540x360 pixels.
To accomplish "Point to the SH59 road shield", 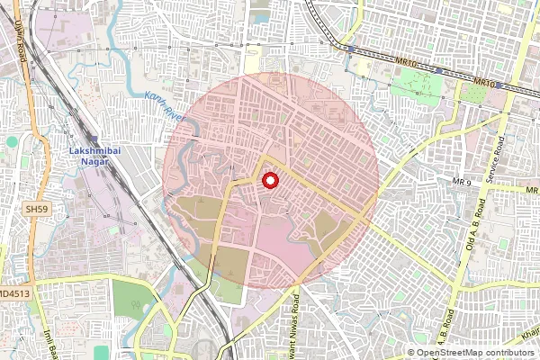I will pos(36,209).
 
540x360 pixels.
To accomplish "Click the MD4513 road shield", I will pos(16,292).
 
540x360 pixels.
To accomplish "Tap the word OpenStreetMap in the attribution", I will pos(455,353).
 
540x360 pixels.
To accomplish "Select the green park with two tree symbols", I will pos(417,85).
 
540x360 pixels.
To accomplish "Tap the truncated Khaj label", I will pos(528,334).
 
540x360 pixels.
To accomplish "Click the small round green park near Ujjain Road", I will pos(11,141).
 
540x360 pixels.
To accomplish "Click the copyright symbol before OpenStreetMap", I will pos(411,353).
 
